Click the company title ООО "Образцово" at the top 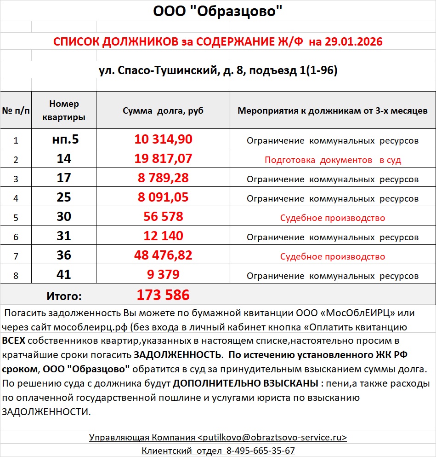tap(218, 11)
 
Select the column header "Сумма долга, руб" tap(163, 111)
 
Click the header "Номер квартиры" tap(64, 110)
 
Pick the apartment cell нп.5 tap(64, 139)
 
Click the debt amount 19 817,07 tap(163, 159)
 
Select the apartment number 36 tap(64, 255)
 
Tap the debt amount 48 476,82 tap(163, 255)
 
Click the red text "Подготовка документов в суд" tap(333, 160)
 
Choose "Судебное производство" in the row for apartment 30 tap(333, 218)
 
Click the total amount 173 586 tap(163, 295)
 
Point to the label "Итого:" tap(64, 296)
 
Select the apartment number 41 tap(64, 275)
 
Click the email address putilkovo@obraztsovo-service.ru tap(272, 437)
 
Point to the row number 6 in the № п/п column tap(16, 237)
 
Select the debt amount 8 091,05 tap(163, 197)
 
